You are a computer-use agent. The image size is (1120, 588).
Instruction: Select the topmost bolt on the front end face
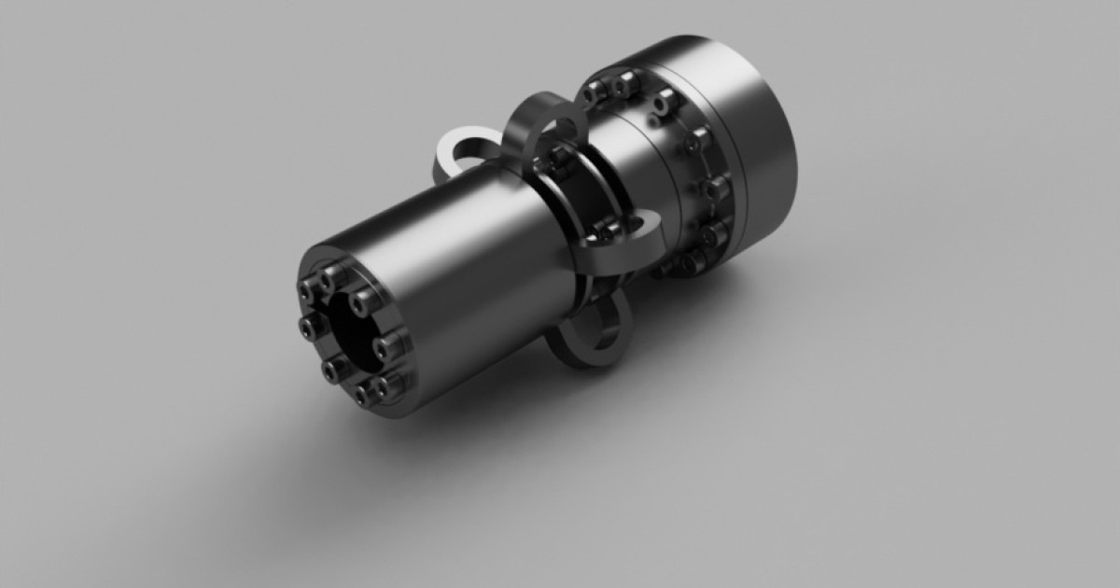(x=329, y=278)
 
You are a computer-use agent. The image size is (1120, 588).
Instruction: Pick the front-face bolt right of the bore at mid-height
(x=385, y=348)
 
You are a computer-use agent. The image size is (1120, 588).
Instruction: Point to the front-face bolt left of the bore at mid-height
(x=309, y=324)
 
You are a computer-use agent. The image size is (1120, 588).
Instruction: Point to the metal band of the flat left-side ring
(x=446, y=168)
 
